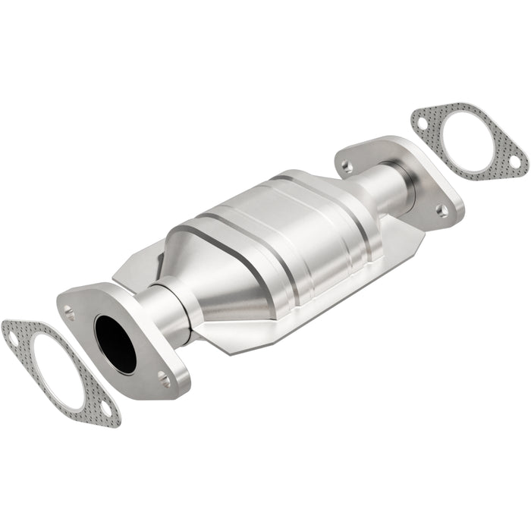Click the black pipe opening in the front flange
click(x=115, y=343)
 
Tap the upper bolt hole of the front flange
click(x=69, y=310)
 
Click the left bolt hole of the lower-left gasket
click(x=13, y=338)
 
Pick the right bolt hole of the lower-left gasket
click(x=106, y=409)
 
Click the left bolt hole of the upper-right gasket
click(x=422, y=121)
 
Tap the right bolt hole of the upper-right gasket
click(x=515, y=162)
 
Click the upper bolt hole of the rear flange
click(x=347, y=165)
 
